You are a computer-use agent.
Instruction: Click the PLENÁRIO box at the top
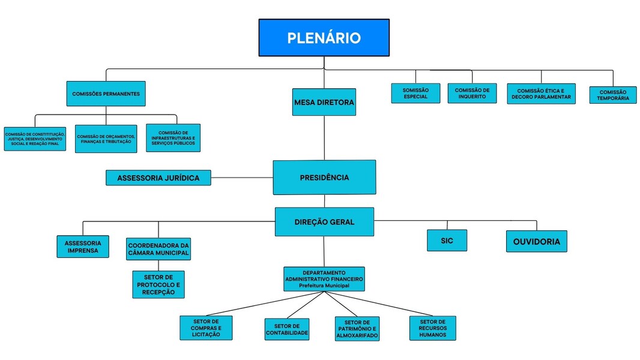coord(324,38)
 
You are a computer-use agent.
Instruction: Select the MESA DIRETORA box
coord(324,103)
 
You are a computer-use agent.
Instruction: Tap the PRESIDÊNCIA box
coord(324,178)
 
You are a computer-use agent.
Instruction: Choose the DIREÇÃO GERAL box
coord(324,222)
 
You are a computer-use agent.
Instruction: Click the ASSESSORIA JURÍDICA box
coord(158,178)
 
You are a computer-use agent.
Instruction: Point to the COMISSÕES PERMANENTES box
coord(106,94)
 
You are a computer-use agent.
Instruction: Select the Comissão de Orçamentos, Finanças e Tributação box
coord(106,139)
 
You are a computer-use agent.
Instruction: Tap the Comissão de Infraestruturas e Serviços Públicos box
coord(173,138)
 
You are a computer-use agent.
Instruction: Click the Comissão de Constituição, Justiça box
coord(34,139)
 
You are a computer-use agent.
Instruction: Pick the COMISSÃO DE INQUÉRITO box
coord(472,93)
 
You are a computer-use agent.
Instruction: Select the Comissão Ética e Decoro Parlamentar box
coord(541,94)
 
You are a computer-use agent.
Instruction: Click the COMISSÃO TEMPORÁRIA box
coord(612,95)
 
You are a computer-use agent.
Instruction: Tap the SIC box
coord(447,240)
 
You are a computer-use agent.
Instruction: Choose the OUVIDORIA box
coord(536,241)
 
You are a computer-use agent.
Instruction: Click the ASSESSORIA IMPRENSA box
coord(83,246)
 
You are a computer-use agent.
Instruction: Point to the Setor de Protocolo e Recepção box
coord(158,284)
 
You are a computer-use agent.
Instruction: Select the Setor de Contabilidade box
coord(287,329)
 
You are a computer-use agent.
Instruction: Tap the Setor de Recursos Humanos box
coord(432,328)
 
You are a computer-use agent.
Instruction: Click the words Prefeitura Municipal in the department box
coord(324,286)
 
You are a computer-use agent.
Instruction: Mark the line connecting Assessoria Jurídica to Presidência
coord(242,178)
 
